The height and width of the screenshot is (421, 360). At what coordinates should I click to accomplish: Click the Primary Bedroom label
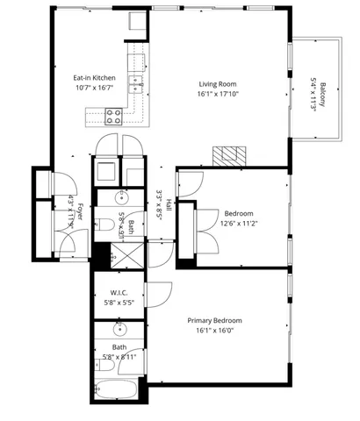click(214, 320)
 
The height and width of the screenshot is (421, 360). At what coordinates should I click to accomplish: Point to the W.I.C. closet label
click(119, 292)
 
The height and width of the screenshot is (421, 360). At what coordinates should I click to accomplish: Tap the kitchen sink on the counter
click(137, 83)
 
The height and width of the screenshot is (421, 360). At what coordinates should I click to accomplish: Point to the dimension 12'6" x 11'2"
click(238, 224)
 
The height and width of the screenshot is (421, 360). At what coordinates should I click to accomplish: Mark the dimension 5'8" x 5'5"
click(119, 303)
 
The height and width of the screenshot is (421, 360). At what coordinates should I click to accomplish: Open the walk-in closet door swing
click(159, 295)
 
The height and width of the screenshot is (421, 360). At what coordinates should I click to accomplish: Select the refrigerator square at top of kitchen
click(137, 22)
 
